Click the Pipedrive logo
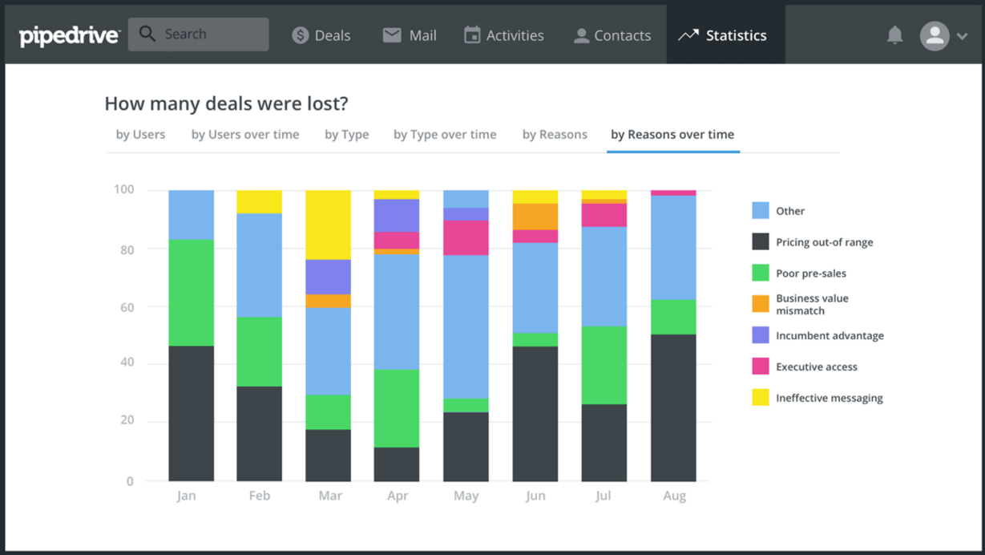coord(69,35)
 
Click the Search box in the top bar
coord(198,34)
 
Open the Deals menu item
coord(321,35)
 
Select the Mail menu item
coord(410,35)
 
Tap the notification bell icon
coord(895,35)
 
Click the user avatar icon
coord(935,35)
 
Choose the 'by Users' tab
coord(140,135)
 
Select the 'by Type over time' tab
coord(445,135)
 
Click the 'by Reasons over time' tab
coord(672,135)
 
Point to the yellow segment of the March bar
coord(328,225)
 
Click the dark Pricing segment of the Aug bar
coord(673,407)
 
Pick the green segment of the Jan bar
coord(191,293)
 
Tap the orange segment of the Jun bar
coord(535,217)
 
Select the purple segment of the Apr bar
coord(397,215)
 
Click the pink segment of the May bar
coord(466,237)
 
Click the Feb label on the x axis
coord(259,496)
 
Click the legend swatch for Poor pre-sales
coord(761,273)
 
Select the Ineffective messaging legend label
coord(829,398)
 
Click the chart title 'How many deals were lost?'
coord(226,103)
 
